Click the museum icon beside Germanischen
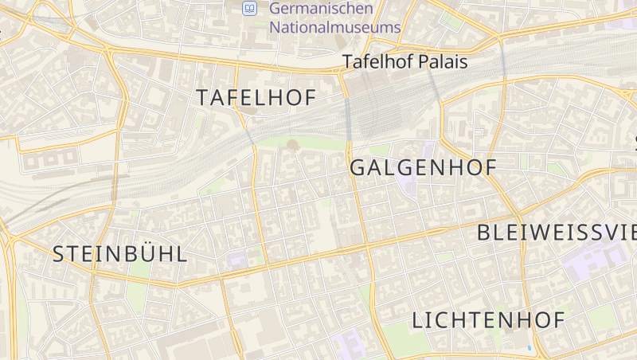click(x=250, y=9)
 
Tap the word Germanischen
click(x=321, y=9)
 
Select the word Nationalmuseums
click(x=334, y=27)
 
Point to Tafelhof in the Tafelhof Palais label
click(x=373, y=61)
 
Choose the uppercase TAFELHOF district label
click(x=256, y=98)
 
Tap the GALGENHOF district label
click(x=423, y=168)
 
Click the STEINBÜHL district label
click(x=120, y=254)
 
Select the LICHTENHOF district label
click(x=488, y=320)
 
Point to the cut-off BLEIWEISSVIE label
click(x=557, y=233)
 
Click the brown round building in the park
click(x=293, y=145)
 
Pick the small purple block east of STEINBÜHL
click(x=237, y=258)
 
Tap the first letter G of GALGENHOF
click(x=358, y=168)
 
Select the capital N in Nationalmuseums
click(x=276, y=27)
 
